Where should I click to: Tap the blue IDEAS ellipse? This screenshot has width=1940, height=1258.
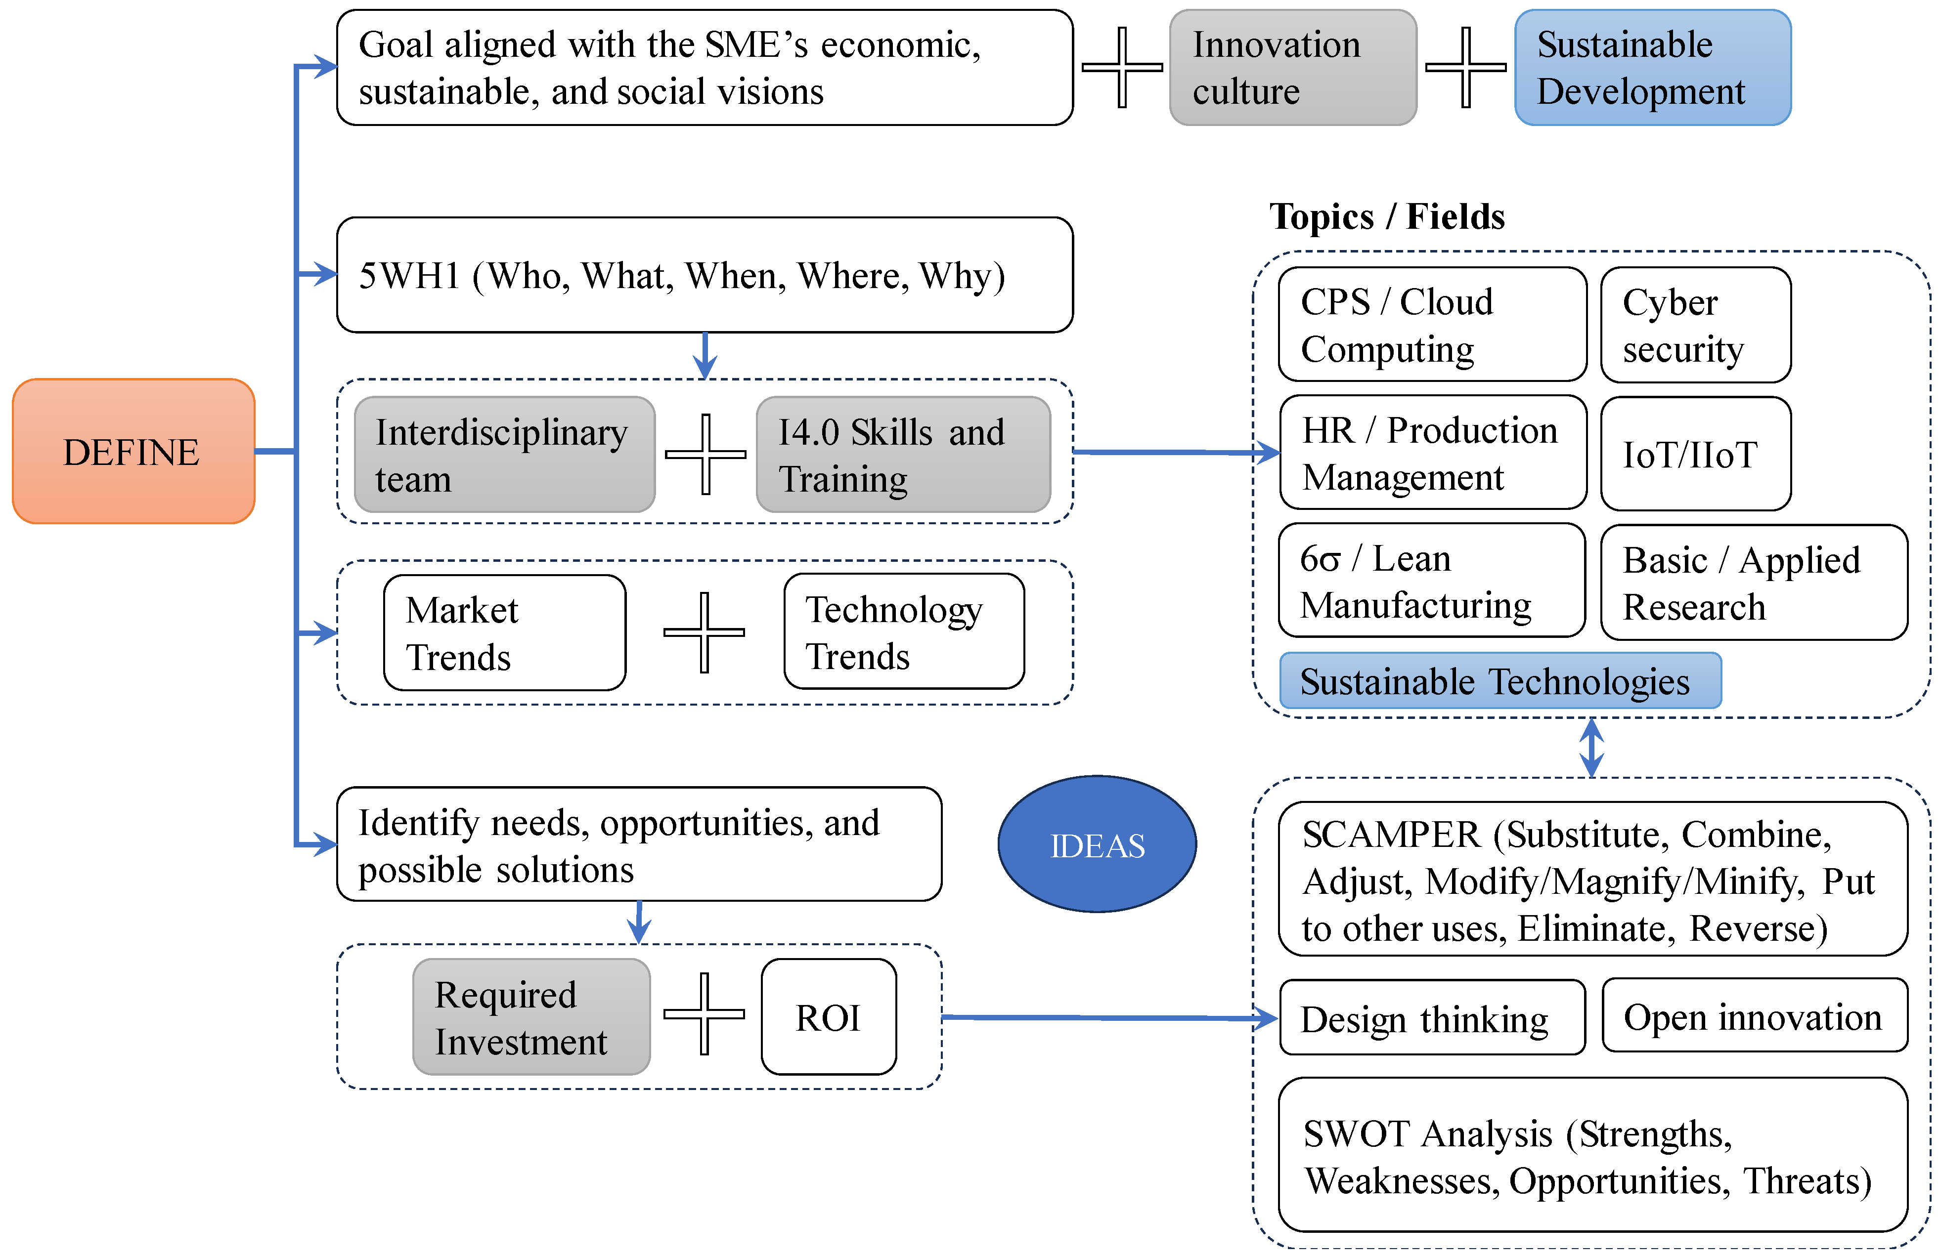click(x=1097, y=844)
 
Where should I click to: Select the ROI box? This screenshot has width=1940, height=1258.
click(x=828, y=1017)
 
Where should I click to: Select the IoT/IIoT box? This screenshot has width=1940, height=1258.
click(x=1695, y=454)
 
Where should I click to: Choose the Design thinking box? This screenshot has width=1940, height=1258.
click(x=1431, y=1018)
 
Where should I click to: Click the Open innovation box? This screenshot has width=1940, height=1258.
click(x=1753, y=1016)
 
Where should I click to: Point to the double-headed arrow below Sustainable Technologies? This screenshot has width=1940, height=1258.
click(x=1591, y=747)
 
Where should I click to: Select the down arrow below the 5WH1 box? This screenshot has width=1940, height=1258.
click(x=705, y=356)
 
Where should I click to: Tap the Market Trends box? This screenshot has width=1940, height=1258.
click(x=505, y=633)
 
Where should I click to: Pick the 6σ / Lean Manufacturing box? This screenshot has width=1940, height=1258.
click(x=1431, y=581)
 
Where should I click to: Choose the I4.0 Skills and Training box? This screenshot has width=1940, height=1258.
click(x=902, y=455)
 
